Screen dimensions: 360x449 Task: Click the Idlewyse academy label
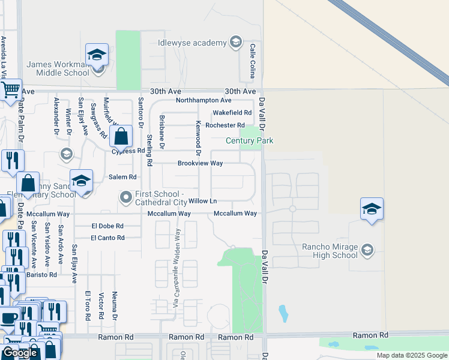click(x=192, y=42)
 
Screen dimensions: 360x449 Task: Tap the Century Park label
click(x=249, y=140)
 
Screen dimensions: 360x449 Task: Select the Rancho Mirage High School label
click(x=330, y=251)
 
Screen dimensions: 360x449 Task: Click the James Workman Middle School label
click(x=58, y=68)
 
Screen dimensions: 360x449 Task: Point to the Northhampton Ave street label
click(x=203, y=100)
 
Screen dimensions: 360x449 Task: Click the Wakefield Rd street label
click(x=232, y=113)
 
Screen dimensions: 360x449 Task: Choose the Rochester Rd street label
click(x=225, y=125)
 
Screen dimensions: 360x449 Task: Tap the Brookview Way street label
click(x=200, y=163)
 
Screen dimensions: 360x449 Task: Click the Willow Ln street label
click(x=203, y=201)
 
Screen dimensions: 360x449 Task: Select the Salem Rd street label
click(x=122, y=177)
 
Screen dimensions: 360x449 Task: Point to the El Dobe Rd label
click(x=107, y=226)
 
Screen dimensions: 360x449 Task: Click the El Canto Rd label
click(x=107, y=238)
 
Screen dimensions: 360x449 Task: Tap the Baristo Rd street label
click(x=44, y=274)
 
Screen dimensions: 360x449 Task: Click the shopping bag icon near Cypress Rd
click(x=121, y=137)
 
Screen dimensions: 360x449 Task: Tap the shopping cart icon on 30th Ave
click(x=10, y=90)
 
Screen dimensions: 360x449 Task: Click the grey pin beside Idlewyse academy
click(x=236, y=42)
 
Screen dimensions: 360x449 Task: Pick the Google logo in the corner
click(x=20, y=353)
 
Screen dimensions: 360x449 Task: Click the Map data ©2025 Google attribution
click(x=412, y=355)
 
